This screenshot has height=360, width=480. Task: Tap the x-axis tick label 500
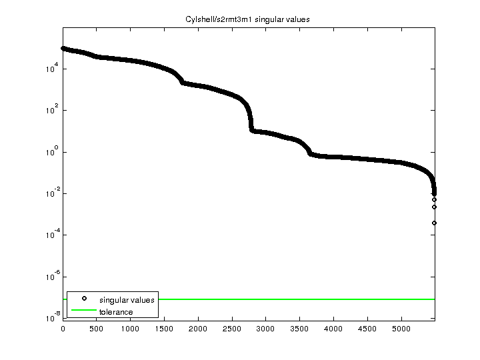pos(97,328)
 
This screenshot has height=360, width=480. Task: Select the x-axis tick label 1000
pos(130,328)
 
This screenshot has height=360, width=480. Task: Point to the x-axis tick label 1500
pos(164,328)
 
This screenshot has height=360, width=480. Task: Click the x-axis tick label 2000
pos(198,328)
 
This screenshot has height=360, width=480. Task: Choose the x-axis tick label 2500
pos(232,328)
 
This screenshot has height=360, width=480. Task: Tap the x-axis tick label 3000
pos(265,328)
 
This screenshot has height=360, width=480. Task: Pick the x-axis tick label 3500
pos(299,328)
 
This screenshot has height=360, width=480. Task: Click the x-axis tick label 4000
pos(333,328)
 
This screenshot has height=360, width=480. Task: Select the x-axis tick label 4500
pos(367,328)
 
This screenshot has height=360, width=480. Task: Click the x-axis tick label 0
pos(63,328)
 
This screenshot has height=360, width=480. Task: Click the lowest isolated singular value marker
pos(434,223)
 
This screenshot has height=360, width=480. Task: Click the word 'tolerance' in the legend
pos(116,311)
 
